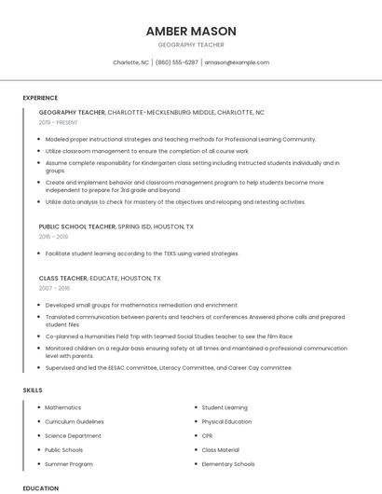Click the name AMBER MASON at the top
coord(191,31)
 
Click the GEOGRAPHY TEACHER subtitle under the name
coord(191,45)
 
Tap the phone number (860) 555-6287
coord(176,62)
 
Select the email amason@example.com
coord(237,62)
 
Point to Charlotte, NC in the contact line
coord(130,62)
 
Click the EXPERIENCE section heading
coord(40,98)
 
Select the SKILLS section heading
coord(33,390)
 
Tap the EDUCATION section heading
coord(40,487)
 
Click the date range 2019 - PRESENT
coord(59,122)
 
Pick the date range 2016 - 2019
coord(54,237)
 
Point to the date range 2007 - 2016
coord(54,288)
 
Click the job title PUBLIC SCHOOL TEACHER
coord(77,226)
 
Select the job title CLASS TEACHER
coord(63,278)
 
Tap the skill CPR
coord(208,435)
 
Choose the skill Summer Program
coord(69,463)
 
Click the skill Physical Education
coord(226,421)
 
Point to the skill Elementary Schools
coord(228,463)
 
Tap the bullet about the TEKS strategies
coord(142,254)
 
